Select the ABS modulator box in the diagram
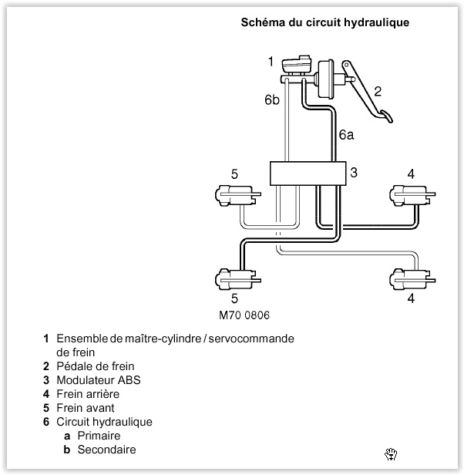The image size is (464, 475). [x=305, y=173]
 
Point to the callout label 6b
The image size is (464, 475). [x=271, y=100]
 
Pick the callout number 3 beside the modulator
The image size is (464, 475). [x=353, y=172]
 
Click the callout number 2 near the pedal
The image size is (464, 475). [x=377, y=90]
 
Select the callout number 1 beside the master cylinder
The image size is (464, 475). [x=271, y=60]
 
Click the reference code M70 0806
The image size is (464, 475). [x=244, y=315]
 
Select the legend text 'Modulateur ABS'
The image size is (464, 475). [x=98, y=380]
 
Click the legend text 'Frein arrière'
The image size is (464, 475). [x=88, y=394]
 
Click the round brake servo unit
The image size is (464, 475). [x=328, y=79]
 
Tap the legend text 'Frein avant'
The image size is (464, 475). [x=86, y=408]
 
